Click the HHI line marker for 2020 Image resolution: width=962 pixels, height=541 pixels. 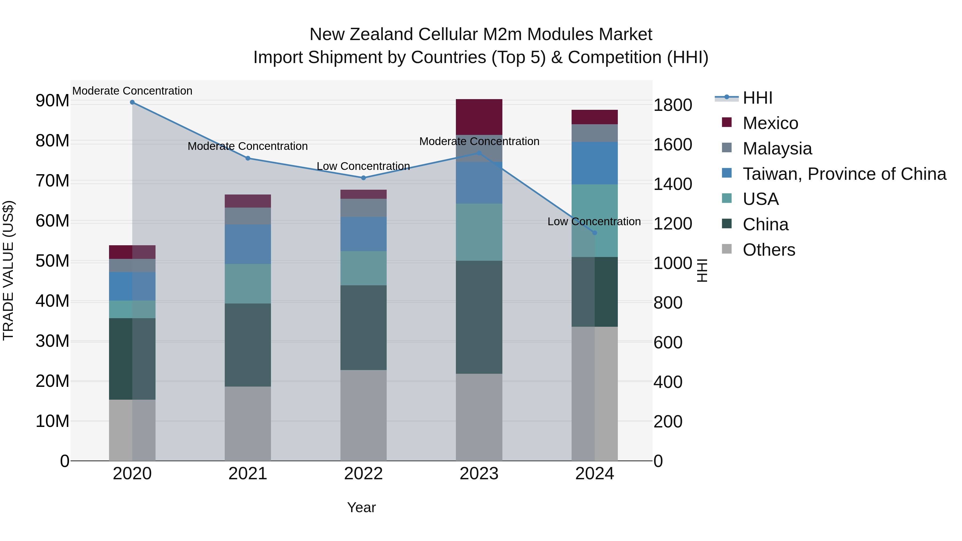click(x=132, y=102)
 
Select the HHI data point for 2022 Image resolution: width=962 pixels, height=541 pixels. click(x=363, y=178)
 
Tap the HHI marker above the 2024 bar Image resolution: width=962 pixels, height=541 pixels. click(x=595, y=233)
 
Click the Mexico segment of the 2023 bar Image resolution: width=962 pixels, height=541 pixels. click(x=479, y=117)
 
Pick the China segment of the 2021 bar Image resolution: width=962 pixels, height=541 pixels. click(x=248, y=345)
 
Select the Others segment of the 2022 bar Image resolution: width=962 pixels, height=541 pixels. click(x=363, y=415)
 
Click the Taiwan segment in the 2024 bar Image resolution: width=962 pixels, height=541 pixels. click(x=595, y=163)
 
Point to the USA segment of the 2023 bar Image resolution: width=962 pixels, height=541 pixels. click(x=479, y=232)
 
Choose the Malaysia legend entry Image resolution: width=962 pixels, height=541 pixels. click(x=777, y=149)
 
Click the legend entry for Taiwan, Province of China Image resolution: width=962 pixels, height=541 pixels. click(x=844, y=174)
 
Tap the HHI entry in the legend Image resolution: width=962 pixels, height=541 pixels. click(x=757, y=98)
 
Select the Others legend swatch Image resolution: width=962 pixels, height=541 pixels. click(x=727, y=249)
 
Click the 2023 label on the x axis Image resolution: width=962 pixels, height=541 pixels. click(x=479, y=474)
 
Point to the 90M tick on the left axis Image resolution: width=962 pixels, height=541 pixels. click(x=52, y=101)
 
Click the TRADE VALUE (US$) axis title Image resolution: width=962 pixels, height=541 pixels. click(x=8, y=270)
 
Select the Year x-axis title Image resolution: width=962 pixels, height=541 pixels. click(x=361, y=507)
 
